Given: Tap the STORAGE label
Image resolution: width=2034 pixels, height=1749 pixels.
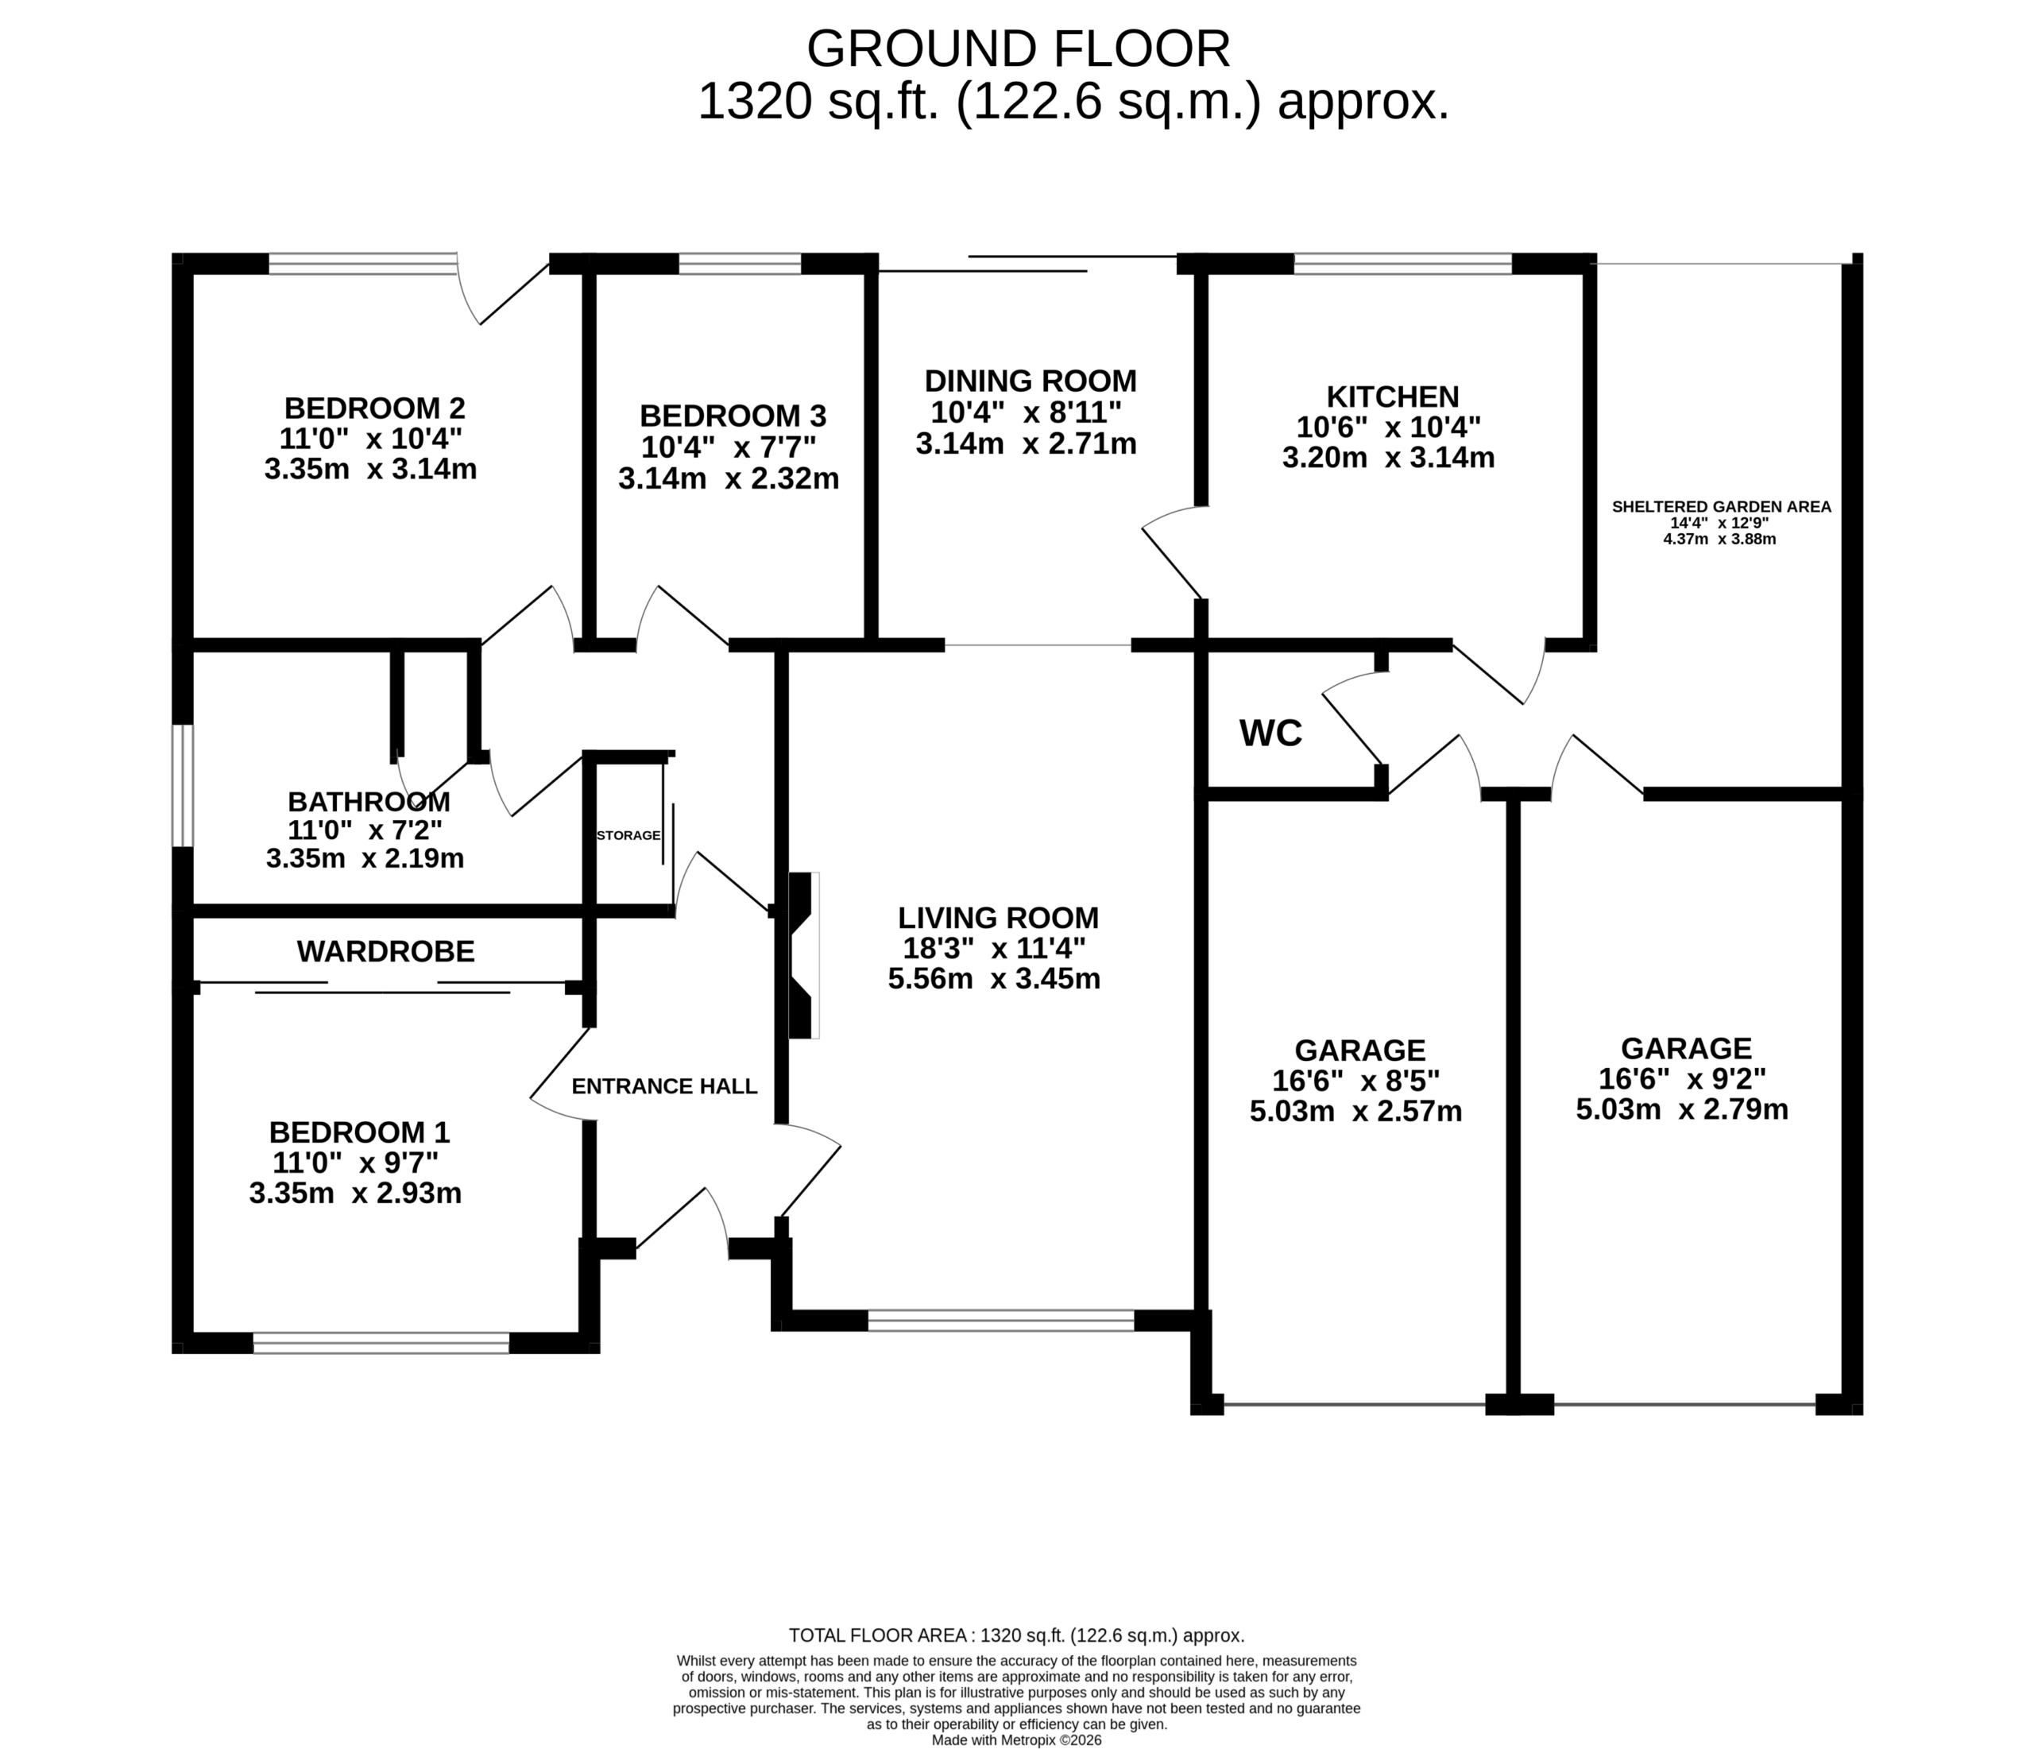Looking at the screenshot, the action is click(x=628, y=836).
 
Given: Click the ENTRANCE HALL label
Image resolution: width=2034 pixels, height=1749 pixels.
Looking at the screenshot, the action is click(x=664, y=1086).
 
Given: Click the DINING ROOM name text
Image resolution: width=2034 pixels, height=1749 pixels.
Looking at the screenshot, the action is click(x=1031, y=381).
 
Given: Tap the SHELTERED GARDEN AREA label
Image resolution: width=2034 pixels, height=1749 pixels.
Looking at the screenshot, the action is click(x=1722, y=507).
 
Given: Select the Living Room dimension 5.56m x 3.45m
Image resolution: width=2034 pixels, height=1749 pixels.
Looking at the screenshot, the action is click(x=995, y=979).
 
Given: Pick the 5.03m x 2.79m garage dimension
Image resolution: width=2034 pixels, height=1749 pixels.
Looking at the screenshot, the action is click(x=1683, y=1109).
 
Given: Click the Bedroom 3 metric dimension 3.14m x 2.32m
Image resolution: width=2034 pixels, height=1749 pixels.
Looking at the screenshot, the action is click(x=729, y=479).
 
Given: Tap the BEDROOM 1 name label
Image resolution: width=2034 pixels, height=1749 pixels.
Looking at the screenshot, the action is click(x=359, y=1132).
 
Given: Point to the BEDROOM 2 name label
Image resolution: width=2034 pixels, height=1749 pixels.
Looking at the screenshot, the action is click(x=374, y=408).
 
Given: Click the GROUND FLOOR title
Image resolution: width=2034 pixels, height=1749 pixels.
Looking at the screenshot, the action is click(x=1018, y=49).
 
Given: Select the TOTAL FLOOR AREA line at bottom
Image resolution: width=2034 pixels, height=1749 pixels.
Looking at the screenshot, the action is click(x=1017, y=1636).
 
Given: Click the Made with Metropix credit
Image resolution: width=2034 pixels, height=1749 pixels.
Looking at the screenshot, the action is click(x=1017, y=1740).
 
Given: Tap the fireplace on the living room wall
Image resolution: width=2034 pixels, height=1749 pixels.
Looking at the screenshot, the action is click(x=803, y=955).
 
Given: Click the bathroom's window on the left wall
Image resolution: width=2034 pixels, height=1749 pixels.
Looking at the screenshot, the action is click(x=183, y=786).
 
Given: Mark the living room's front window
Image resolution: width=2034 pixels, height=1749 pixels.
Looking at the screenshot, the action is click(x=1001, y=1321).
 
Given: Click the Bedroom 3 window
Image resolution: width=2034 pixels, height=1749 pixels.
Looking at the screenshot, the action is click(x=741, y=263).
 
